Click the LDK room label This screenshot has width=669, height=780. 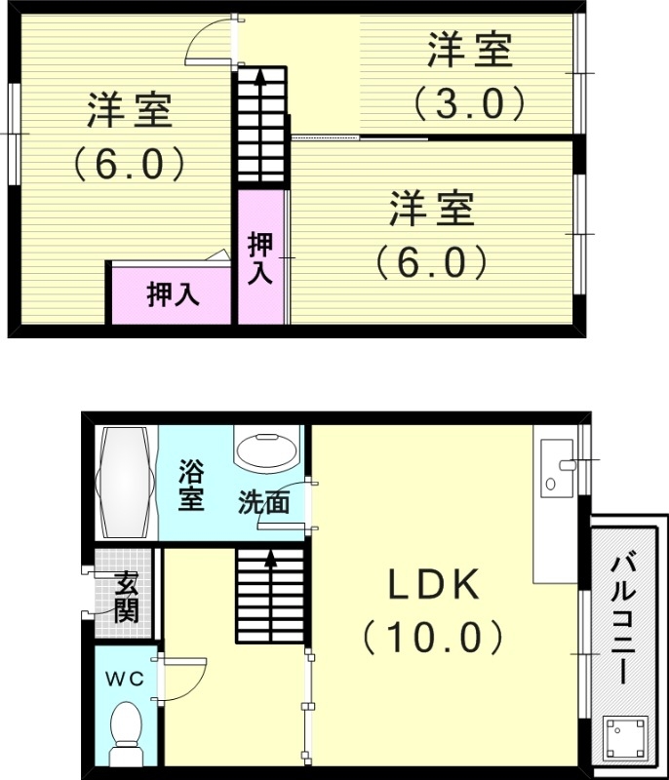coord(434,584)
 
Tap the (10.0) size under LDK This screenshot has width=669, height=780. coord(433,638)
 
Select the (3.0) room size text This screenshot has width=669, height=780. coord(469,103)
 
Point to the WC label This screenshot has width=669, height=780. coord(125,679)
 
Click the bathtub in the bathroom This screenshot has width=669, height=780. coord(126,482)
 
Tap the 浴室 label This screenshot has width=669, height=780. coord(191,485)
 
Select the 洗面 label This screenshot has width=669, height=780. coord(263,502)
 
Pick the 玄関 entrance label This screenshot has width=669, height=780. coord(127,597)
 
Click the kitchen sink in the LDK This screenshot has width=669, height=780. coord(557,468)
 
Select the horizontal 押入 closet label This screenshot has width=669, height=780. coord(173,294)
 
